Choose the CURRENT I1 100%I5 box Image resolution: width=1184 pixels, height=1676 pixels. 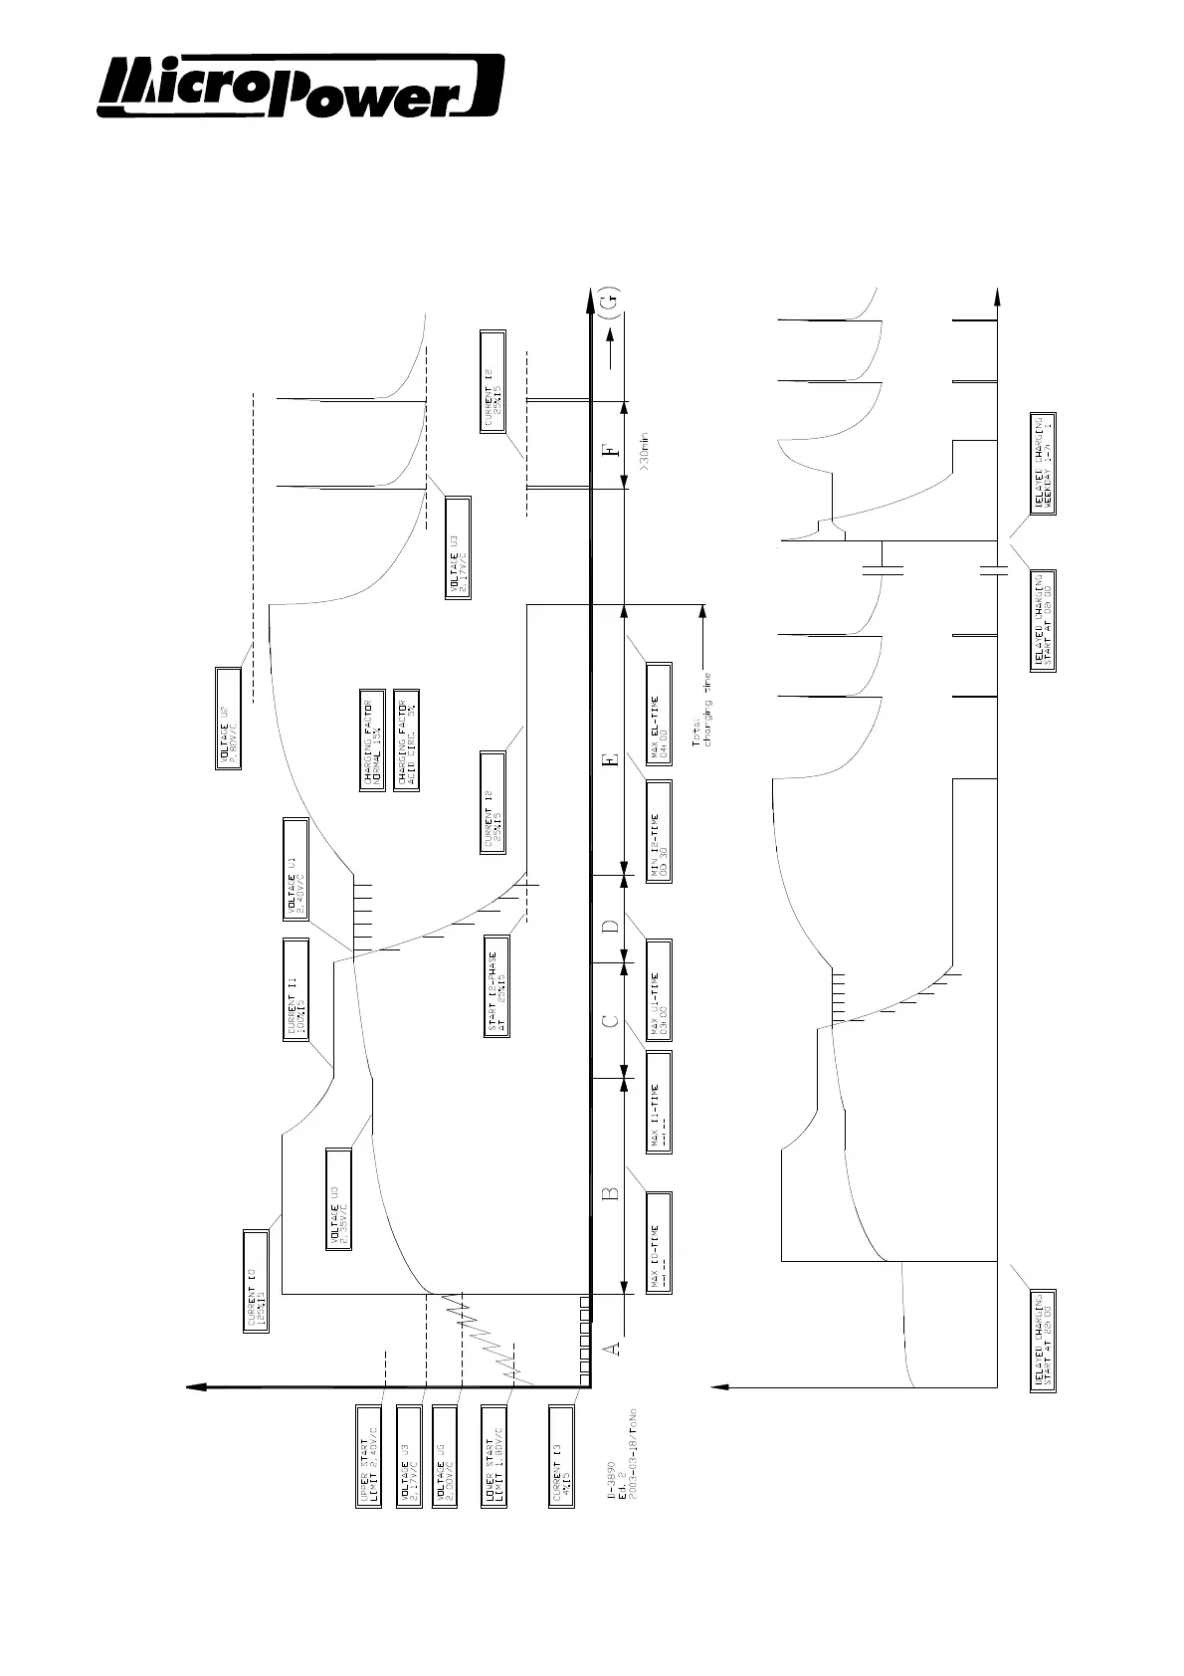(296, 988)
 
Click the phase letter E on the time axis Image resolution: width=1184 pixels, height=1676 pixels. (613, 760)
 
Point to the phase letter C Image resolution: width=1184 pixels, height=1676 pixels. (613, 1019)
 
